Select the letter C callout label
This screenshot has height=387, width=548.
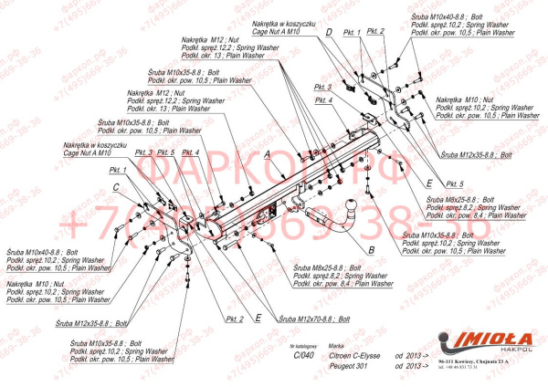click(116, 187)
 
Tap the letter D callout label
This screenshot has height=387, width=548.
click(327, 31)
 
